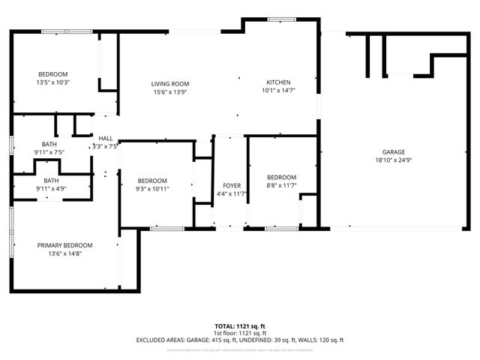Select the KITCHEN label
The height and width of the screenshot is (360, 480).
coord(278,82)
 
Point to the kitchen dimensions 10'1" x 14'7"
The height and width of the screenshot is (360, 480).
coord(278,91)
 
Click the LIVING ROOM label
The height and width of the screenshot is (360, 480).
coord(169,83)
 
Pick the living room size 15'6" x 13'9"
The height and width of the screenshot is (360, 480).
coord(169,91)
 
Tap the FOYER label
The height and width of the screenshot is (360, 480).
coord(232,185)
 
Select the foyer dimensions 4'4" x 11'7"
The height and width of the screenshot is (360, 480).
coord(232,193)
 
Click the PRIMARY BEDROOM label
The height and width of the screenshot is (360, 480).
coord(65,245)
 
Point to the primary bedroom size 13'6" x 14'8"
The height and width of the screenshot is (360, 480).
coord(65,253)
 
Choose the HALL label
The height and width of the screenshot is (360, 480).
coord(106,138)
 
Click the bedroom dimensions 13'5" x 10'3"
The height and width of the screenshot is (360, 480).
coord(53,82)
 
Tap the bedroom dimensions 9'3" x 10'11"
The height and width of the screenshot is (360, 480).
coord(152,189)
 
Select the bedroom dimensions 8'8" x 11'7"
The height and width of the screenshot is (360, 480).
coord(281,185)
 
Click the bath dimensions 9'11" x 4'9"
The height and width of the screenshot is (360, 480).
coord(51,189)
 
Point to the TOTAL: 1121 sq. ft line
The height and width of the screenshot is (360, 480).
coord(240,326)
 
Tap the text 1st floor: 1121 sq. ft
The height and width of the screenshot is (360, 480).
coord(240,333)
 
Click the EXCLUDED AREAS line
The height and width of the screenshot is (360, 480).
coord(240,340)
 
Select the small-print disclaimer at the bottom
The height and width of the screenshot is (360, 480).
coord(240,349)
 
